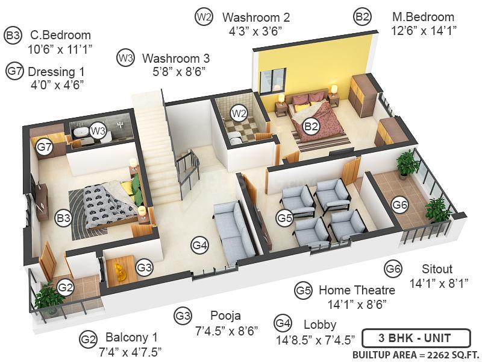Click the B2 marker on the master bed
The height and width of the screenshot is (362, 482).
[311, 126]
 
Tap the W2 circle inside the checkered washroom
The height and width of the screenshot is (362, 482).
[239, 113]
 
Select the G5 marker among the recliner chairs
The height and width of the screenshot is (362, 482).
[285, 217]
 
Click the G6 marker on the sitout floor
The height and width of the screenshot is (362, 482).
[400, 205]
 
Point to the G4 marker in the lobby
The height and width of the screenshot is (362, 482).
[200, 245]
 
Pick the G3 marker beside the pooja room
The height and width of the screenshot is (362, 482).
[145, 267]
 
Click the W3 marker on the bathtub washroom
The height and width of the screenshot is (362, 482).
[98, 130]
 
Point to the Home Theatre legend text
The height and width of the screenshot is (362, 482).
[357, 290]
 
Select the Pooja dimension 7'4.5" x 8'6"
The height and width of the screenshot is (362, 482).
[227, 330]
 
